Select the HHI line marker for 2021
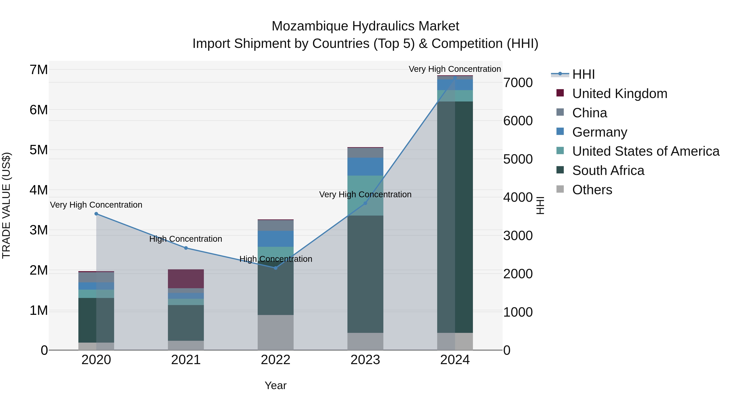[186, 248]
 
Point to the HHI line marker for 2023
[365, 203]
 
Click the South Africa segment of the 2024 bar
[455, 217]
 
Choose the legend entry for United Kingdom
[620, 94]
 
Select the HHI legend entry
[583, 74]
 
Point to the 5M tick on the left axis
[39, 150]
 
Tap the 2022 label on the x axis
[276, 360]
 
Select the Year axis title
[276, 385]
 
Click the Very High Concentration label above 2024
[455, 69]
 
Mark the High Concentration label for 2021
[186, 239]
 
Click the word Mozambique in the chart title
[310, 26]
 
